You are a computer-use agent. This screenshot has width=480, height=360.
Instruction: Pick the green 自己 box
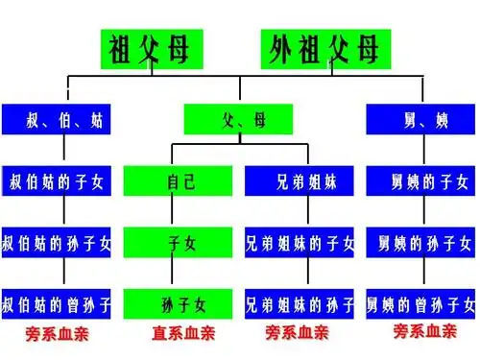[x=180, y=181]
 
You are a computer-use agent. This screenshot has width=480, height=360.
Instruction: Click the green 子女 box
[x=180, y=244]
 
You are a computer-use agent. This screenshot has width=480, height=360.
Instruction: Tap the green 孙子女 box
[x=180, y=305]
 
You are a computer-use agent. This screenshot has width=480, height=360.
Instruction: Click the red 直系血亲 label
[x=182, y=334]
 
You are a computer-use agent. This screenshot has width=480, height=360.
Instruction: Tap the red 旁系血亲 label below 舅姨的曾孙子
[x=425, y=331]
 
